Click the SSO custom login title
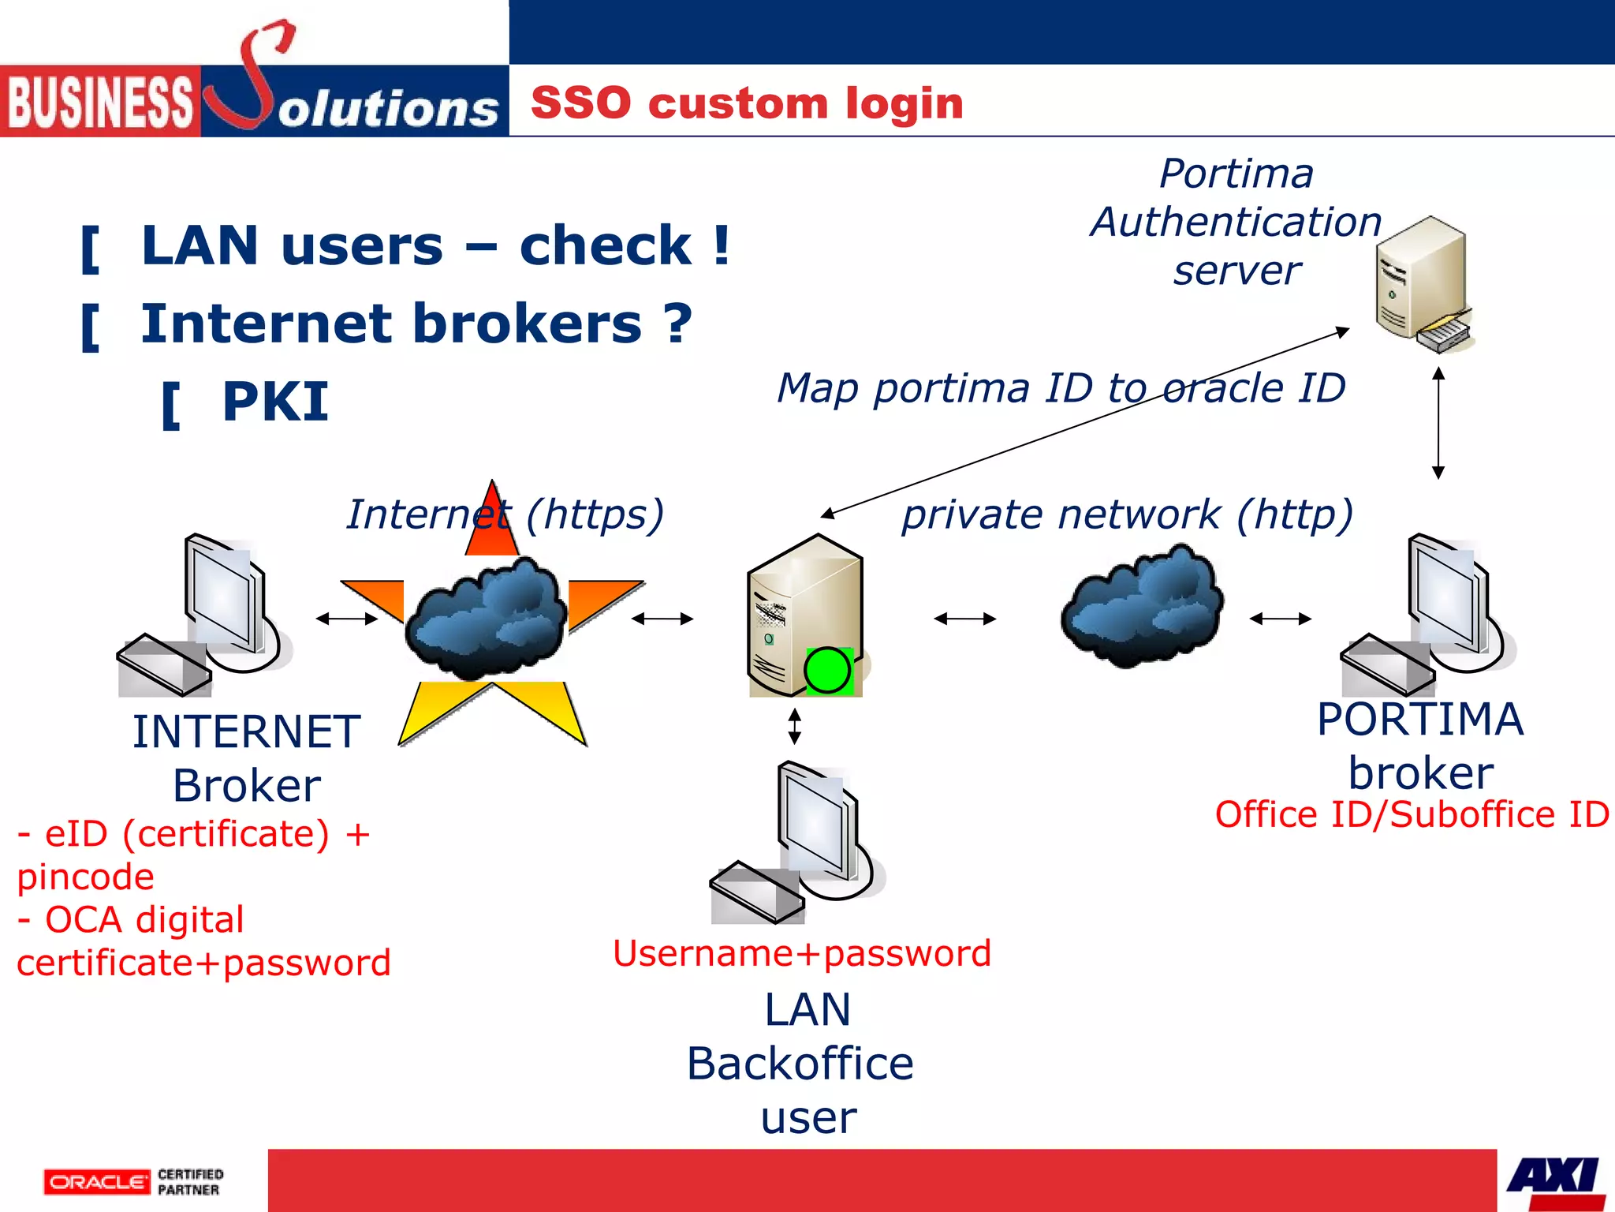click(x=747, y=103)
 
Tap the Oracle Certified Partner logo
click(x=133, y=1181)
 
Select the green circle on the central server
click(x=827, y=671)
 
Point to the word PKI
click(x=274, y=402)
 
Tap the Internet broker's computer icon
click(x=205, y=615)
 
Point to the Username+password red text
click(x=801, y=953)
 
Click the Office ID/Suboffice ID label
click(x=1412, y=814)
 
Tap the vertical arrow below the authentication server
click(x=1438, y=423)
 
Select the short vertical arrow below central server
click(x=795, y=726)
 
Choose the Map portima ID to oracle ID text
click(x=1061, y=388)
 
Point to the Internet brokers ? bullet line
click(x=416, y=324)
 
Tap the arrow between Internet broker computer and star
click(x=347, y=619)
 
